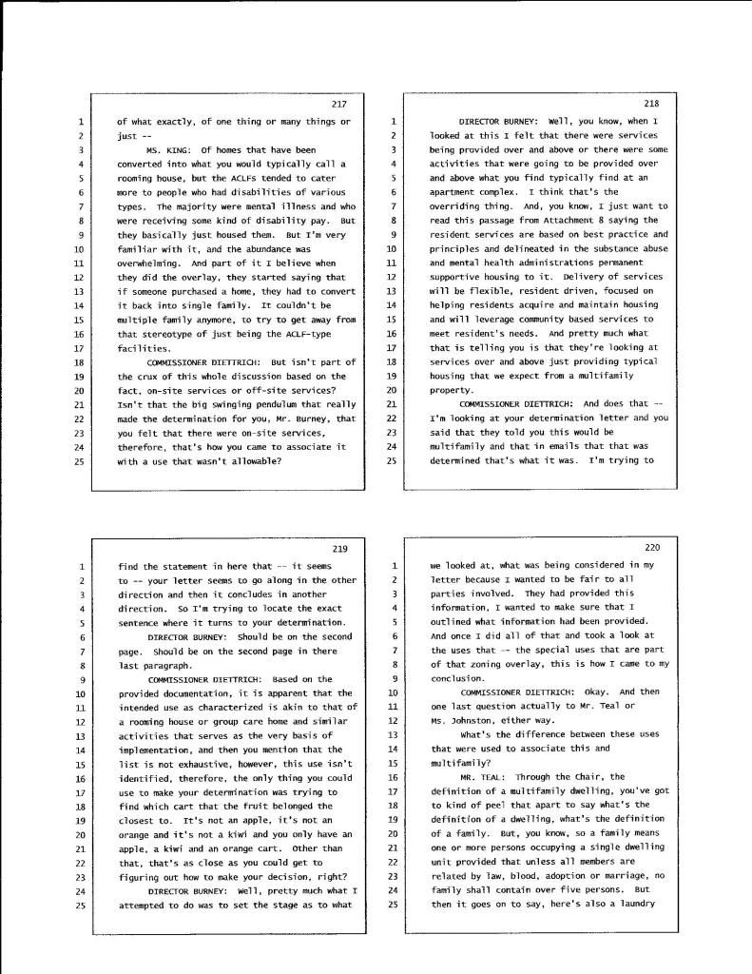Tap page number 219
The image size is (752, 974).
340,549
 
